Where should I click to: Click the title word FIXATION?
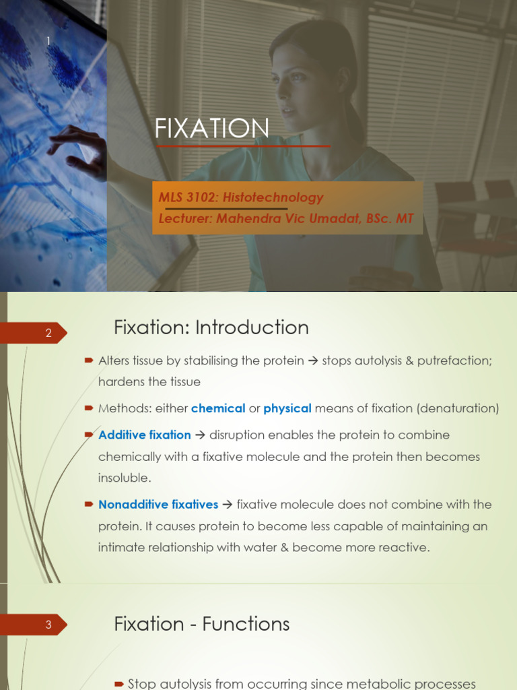pyautogui.click(x=212, y=128)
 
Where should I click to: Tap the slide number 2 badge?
pyautogui.click(x=48, y=333)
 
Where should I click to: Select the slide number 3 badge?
pyautogui.click(x=48, y=625)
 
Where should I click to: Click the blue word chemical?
pyautogui.click(x=218, y=408)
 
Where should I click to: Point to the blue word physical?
pyautogui.click(x=287, y=408)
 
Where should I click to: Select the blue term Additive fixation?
pyautogui.click(x=145, y=435)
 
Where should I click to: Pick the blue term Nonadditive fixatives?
pyautogui.click(x=158, y=504)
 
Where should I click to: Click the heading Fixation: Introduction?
pyautogui.click(x=211, y=328)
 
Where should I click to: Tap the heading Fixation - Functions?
pyautogui.click(x=202, y=624)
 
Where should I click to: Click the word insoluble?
pyautogui.click(x=124, y=478)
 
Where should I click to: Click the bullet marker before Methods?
pyautogui.click(x=89, y=408)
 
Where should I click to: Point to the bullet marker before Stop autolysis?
pyautogui.click(x=118, y=684)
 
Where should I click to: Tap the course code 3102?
pyautogui.click(x=201, y=197)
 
